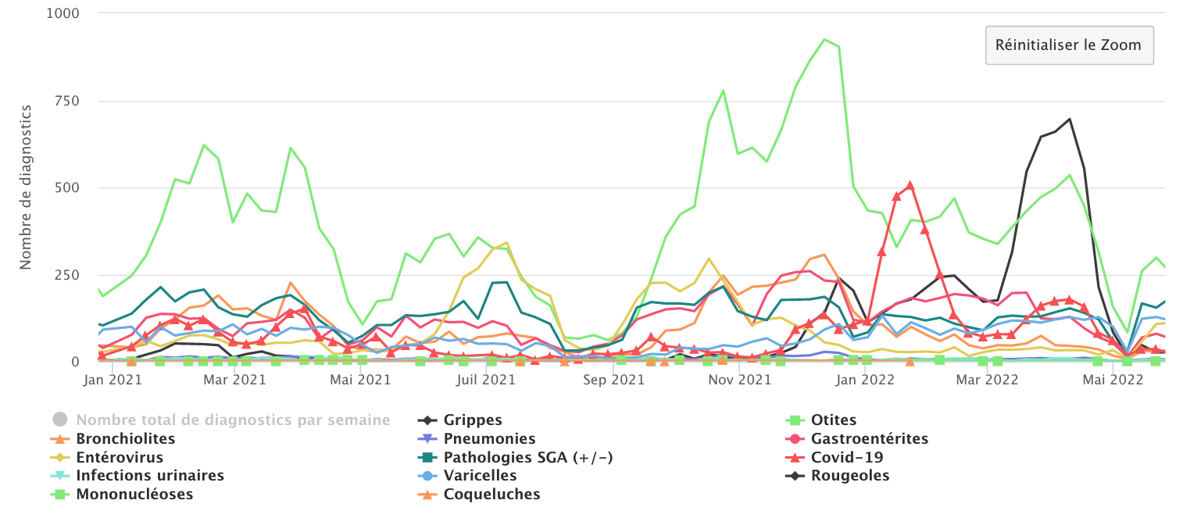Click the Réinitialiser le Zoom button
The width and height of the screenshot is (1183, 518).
click(x=1068, y=45)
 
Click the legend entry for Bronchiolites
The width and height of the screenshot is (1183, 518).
click(x=125, y=439)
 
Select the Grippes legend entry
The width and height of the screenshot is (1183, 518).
click(x=472, y=420)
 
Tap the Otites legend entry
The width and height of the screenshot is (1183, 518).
click(x=833, y=420)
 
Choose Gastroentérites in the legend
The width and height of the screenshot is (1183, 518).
click(x=869, y=439)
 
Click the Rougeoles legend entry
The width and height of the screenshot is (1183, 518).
click(x=849, y=476)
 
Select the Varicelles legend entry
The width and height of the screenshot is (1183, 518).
click(x=480, y=476)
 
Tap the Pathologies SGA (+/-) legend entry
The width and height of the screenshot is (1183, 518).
click(x=527, y=457)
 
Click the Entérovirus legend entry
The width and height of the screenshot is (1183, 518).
click(x=120, y=457)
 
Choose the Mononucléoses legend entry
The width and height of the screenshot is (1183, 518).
click(x=134, y=495)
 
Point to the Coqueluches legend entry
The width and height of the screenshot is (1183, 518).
click(x=491, y=495)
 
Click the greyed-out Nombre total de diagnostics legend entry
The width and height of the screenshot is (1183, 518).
click(x=232, y=420)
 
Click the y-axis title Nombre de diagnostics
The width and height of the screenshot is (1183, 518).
click(x=27, y=188)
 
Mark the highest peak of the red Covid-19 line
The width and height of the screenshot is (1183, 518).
click(x=910, y=185)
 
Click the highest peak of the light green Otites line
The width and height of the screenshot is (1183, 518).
click(x=825, y=39)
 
